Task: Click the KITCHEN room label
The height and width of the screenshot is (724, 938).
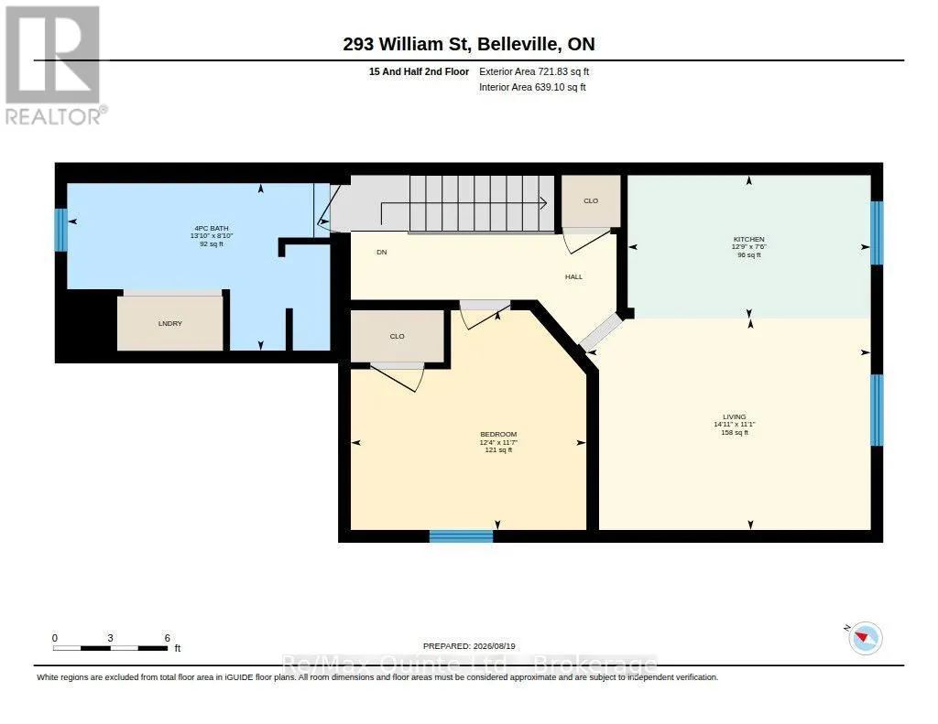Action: [x=748, y=239]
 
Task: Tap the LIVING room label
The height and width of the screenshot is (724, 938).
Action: [x=734, y=416]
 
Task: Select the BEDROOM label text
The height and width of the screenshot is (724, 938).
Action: [x=498, y=434]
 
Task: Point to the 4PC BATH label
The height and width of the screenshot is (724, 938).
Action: [x=212, y=229]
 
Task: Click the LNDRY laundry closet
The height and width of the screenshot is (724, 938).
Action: [x=169, y=323]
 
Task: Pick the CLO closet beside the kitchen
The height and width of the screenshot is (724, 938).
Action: [x=591, y=200]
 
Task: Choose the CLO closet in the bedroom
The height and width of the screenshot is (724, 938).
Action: [x=398, y=336]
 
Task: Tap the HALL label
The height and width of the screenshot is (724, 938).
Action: [x=573, y=276]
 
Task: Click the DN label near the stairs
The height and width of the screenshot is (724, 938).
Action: [x=382, y=253]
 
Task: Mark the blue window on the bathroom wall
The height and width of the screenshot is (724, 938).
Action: [x=60, y=230]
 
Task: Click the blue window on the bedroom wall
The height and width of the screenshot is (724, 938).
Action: [x=462, y=536]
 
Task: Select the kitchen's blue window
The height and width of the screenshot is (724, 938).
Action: [x=877, y=232]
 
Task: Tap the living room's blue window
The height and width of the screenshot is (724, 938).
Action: [x=877, y=410]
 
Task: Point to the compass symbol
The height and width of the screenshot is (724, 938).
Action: [x=865, y=637]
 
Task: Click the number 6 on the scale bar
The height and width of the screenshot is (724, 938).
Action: [x=168, y=638]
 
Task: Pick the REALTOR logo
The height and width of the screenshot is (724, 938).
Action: [x=54, y=65]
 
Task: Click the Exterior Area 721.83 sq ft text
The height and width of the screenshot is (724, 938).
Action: [x=534, y=71]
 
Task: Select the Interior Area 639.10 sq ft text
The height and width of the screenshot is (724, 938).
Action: [x=532, y=87]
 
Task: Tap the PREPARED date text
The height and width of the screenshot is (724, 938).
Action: [x=469, y=646]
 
